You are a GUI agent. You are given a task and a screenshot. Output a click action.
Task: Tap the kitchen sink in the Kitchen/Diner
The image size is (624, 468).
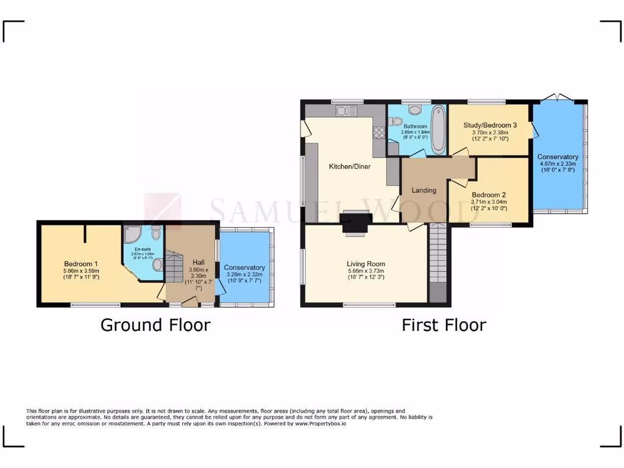[346, 111]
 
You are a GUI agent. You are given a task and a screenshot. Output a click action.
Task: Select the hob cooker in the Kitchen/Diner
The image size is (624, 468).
[379, 133]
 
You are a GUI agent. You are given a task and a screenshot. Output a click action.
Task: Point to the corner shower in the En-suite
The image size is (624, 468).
[132, 235]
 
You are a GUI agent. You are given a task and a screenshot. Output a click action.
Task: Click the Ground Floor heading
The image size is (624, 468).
[155, 325]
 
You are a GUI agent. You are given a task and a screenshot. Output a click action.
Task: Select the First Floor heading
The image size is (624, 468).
[444, 325]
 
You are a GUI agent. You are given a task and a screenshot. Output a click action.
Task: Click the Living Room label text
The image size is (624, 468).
[366, 264]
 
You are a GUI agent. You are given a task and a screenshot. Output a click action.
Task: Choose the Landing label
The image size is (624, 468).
[424, 190]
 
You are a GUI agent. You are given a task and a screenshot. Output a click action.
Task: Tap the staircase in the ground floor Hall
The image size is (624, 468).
[175, 269]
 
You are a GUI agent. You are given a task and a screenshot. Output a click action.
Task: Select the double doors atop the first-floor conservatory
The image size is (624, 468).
[559, 97]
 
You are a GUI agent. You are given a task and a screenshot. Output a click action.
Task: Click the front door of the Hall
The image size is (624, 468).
[188, 300]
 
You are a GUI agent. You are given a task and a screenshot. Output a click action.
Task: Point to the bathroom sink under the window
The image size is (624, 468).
[416, 110]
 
